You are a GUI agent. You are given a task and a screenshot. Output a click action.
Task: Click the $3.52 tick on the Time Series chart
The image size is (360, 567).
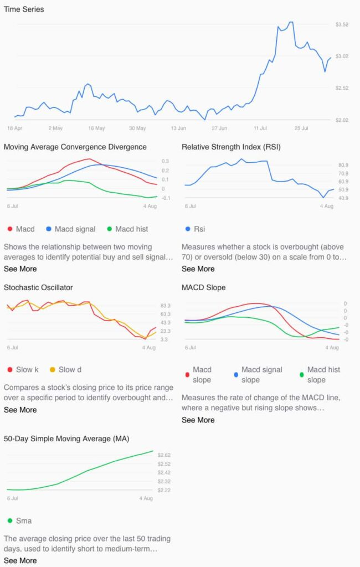[342, 24]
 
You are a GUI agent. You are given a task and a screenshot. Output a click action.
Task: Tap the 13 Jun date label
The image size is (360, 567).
[178, 128]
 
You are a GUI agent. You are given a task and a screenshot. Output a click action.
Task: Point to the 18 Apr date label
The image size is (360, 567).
[14, 128]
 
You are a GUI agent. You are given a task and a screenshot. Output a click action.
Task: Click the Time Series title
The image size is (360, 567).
[24, 9]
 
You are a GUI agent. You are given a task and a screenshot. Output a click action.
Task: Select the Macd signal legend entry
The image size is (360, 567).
[70, 229]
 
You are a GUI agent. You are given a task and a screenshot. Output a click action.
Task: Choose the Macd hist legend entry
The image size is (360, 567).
[127, 229]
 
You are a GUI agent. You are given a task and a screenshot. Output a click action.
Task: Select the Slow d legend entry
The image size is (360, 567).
[65, 370]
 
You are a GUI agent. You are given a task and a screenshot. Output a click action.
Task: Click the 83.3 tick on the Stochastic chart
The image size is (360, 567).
[165, 306]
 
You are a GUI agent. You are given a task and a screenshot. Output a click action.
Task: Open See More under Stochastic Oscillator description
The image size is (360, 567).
[20, 410]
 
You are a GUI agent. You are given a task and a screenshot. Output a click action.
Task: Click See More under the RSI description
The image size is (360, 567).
[198, 269]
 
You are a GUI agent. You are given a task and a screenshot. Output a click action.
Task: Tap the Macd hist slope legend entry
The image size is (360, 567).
[320, 375]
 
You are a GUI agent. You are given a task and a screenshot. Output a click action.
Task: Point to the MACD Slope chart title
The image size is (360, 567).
[204, 287]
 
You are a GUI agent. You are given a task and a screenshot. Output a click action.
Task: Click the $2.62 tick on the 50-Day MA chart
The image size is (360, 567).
[164, 455]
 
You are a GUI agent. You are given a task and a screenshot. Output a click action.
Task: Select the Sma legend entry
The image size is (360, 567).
[19, 520]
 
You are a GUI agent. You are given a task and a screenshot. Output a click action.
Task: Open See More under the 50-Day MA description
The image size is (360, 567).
[20, 560]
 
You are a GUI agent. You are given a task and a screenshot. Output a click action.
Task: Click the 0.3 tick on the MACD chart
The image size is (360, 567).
[165, 161]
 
